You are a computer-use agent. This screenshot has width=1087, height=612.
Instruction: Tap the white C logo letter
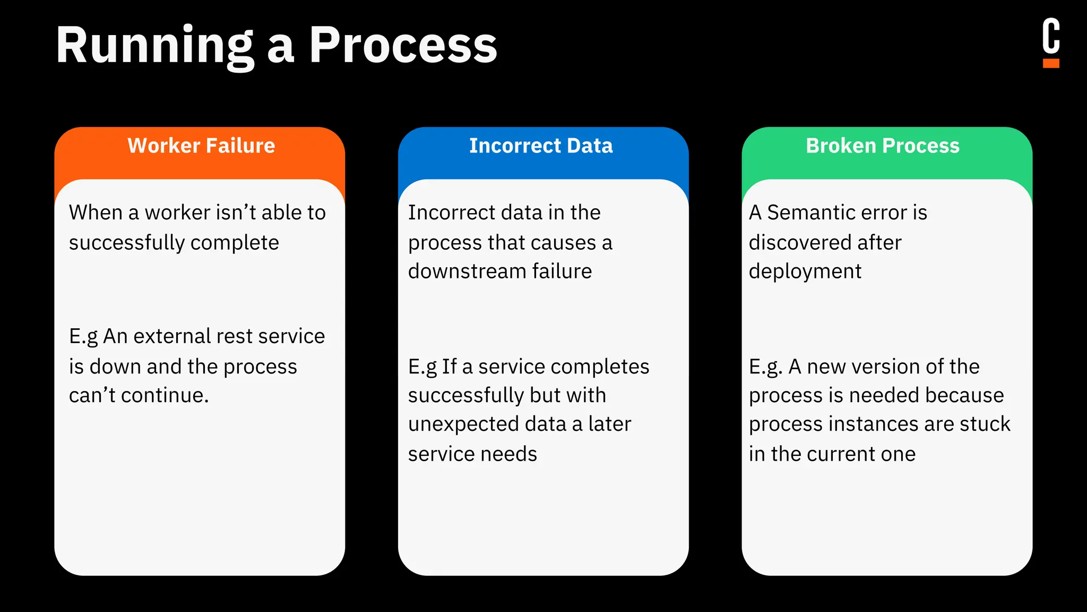[1050, 36]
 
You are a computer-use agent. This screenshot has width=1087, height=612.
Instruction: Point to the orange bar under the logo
[1050, 64]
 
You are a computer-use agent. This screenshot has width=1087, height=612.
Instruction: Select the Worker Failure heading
[201, 146]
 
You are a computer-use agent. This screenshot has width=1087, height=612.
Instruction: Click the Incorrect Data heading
[541, 146]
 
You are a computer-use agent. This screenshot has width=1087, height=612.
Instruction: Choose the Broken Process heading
[883, 146]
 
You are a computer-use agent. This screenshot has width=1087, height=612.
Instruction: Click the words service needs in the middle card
[472, 454]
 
